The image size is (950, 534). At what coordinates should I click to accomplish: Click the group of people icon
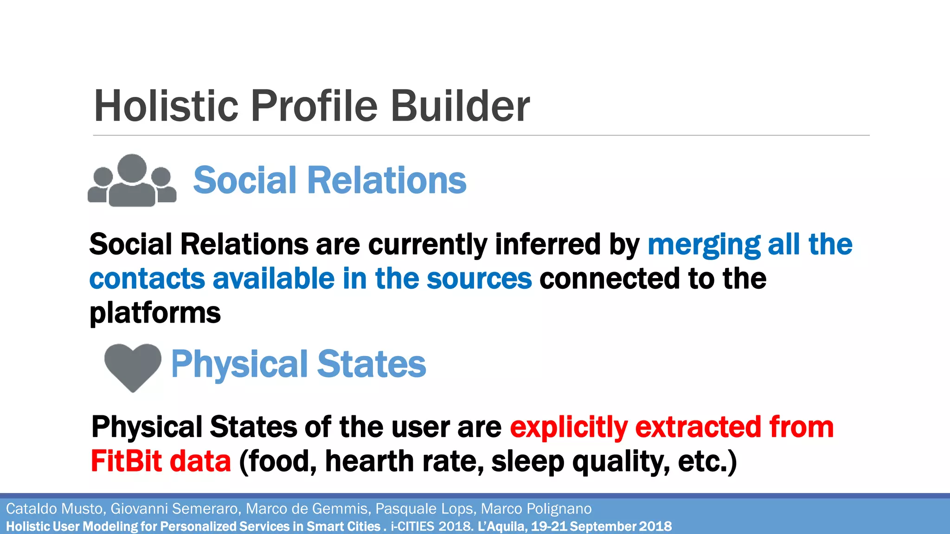point(132,181)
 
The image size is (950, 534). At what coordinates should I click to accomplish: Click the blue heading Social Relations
point(329,180)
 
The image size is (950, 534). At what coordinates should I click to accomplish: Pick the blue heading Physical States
point(298,364)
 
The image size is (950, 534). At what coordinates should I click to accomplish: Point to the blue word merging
point(704,245)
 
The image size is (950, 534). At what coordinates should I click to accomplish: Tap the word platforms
point(155,313)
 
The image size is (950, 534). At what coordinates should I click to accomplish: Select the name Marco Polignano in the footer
point(536,509)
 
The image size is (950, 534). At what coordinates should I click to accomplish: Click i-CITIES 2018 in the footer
point(431,527)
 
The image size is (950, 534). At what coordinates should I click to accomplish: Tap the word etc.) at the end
point(707,462)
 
